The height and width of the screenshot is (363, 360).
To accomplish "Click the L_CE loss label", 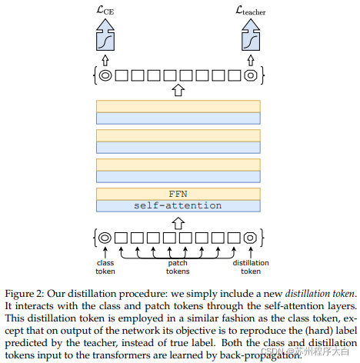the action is point(105,10).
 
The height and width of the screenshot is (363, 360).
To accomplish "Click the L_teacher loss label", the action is point(251,11).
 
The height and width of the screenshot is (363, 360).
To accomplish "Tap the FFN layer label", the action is point(178,194).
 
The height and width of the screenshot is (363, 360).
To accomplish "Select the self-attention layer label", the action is point(178,205).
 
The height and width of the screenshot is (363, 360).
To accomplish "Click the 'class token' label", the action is point(105,267).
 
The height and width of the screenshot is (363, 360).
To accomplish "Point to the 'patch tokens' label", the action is point(178,267).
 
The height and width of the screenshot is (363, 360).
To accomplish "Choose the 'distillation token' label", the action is point(251,267).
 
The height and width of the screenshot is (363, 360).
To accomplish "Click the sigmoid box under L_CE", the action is point(105,41).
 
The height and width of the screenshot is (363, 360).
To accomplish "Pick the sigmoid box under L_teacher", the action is point(251,41).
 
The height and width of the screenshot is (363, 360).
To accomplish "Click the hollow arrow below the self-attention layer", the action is point(178,223).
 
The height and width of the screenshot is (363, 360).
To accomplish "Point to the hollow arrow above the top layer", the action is point(178,90).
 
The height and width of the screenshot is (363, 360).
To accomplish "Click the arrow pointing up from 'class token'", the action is point(105,252).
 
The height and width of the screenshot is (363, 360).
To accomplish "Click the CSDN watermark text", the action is point(305,351).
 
